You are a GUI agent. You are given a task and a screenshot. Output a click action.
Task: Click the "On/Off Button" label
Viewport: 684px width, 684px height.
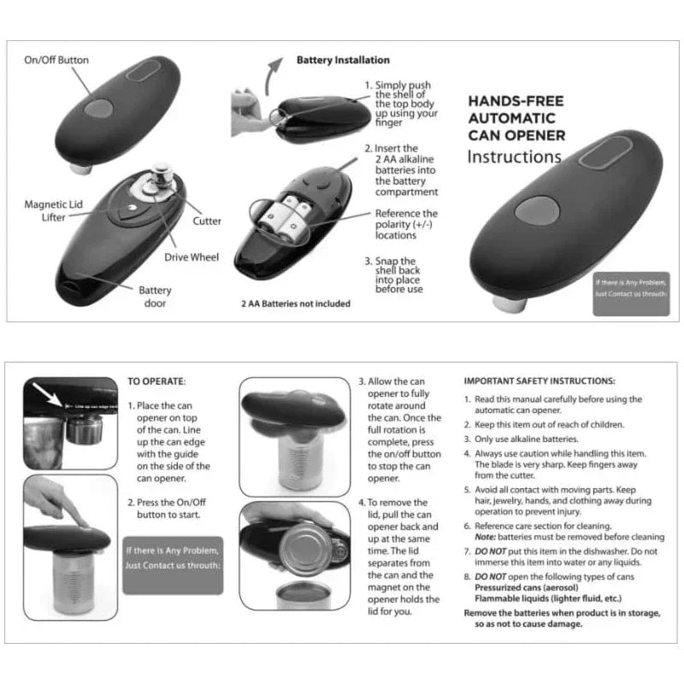pyautogui.click(x=56, y=61)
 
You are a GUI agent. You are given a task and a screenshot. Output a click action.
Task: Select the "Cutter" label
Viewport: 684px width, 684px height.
pyautogui.click(x=207, y=221)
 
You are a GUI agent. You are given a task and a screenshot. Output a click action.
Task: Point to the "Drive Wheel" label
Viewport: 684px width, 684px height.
pyautogui.click(x=192, y=256)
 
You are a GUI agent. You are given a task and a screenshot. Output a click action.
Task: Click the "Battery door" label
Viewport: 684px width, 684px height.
pyautogui.click(x=155, y=297)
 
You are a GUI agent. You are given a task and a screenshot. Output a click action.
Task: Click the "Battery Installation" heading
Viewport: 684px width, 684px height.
pyautogui.click(x=343, y=60)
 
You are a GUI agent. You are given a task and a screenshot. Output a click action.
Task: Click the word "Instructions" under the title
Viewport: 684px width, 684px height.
pyautogui.click(x=514, y=157)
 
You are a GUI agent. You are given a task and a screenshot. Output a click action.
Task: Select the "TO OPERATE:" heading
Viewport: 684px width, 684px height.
pyautogui.click(x=156, y=381)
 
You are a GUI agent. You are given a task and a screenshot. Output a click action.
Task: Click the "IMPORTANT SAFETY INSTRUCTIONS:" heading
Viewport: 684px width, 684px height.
pyautogui.click(x=539, y=381)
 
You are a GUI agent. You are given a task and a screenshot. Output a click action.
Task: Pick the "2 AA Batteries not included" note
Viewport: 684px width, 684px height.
pyautogui.click(x=295, y=304)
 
